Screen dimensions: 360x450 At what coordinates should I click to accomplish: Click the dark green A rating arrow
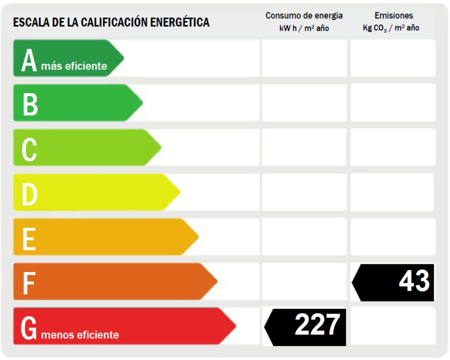pyautogui.click(x=67, y=58)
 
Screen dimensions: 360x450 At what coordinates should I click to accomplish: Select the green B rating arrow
pyautogui.click(x=76, y=103)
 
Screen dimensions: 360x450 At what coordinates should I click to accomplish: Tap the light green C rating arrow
pyautogui.click(x=85, y=148)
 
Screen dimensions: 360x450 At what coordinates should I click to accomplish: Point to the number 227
pyautogui.click(x=317, y=325)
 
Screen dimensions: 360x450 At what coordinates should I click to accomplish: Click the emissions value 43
pyautogui.click(x=414, y=282)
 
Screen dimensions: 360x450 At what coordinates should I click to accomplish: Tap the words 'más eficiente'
pyautogui.click(x=74, y=67)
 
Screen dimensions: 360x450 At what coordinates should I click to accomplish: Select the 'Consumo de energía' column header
pyautogui.click(x=304, y=16)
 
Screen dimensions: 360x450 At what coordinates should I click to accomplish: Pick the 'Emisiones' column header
pyautogui.click(x=393, y=16)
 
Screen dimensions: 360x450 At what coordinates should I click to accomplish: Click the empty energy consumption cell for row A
pyautogui.click(x=304, y=58)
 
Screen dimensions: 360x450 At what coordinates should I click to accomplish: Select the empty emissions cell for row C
pyautogui.click(x=393, y=148)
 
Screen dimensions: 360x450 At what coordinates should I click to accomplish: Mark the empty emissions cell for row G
pyautogui.click(x=393, y=326)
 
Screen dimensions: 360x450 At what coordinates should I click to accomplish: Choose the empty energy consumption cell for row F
pyautogui.click(x=304, y=281)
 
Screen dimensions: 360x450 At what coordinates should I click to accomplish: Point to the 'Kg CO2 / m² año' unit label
pyautogui.click(x=391, y=28)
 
